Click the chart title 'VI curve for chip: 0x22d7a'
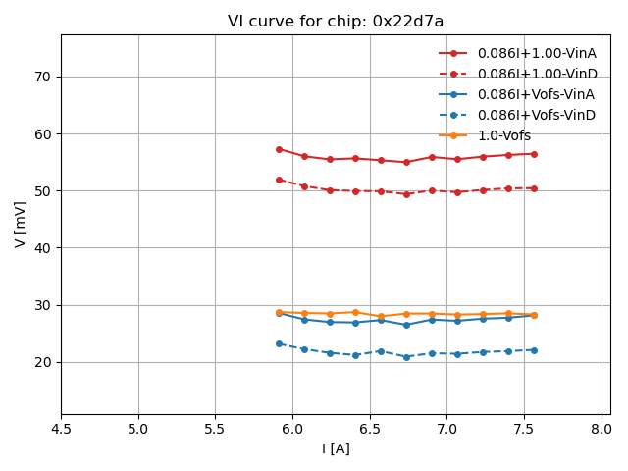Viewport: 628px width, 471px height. pos(336,22)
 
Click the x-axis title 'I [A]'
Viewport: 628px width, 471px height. pos(336,448)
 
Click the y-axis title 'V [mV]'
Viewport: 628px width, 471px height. pos(21,224)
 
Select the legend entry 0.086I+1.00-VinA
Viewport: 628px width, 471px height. pos(537,53)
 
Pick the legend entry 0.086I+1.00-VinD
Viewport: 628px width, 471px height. pos(537,74)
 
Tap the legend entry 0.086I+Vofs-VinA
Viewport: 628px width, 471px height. pos(537,94)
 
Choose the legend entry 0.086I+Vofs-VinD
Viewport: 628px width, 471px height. pos(537,115)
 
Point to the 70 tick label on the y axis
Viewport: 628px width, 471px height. pos(43,77)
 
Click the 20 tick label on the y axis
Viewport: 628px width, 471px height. pos(43,362)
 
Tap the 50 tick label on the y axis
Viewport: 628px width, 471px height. pos(43,190)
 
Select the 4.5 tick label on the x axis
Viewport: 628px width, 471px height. pos(61,429)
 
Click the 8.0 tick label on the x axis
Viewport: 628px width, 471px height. pos(601,429)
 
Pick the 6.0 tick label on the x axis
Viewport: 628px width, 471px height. pos(292,429)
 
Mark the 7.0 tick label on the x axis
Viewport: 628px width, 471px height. pos(446,429)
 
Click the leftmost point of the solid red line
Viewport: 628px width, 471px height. pos(279,149)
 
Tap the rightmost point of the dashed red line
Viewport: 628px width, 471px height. pos(534,188)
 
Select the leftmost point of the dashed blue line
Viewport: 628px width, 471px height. pos(279,343)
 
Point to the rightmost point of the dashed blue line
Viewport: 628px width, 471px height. pos(534,350)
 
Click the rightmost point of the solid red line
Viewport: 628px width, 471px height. pos(534,154)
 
